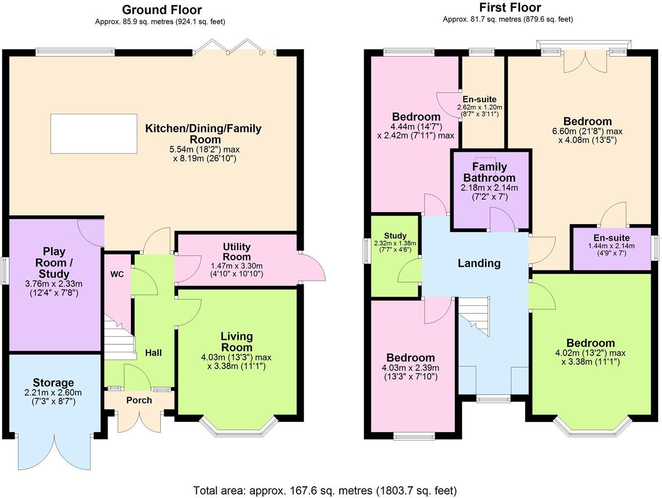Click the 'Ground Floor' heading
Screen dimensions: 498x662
coord(162,10)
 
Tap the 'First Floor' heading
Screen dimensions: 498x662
coord(510,7)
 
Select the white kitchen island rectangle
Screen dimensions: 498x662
coord(93,134)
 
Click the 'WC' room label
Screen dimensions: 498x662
coord(117,274)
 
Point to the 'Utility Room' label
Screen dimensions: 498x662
coord(237,251)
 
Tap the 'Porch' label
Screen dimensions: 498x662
coord(139,400)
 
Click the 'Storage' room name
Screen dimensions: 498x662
coord(54,383)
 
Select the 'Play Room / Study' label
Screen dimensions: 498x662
coord(54,262)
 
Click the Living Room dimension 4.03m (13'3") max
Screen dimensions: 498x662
coord(236,357)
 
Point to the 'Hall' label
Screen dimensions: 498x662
coord(153,353)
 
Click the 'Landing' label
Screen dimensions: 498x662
coord(479,263)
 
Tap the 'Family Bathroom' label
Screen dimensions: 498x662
coord(489,172)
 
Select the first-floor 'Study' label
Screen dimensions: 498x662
coord(395,236)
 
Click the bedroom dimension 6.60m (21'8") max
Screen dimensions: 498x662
coord(587,131)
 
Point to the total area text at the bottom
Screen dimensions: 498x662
coord(325,490)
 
